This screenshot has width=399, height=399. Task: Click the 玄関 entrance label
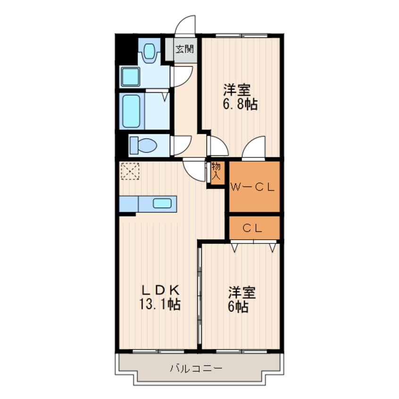[x=185, y=49]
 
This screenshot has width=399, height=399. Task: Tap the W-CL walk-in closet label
[x=252, y=188]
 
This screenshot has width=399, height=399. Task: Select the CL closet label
[x=252, y=228]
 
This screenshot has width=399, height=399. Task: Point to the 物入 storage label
[x=216, y=171]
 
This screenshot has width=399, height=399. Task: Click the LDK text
[x=160, y=291]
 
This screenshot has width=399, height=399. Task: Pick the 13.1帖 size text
[x=160, y=304]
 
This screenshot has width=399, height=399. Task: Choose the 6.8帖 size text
[x=240, y=104]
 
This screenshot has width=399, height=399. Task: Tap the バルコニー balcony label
[x=196, y=368]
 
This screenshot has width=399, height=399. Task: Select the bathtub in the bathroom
[x=131, y=111]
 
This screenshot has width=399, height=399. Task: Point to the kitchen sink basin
[x=162, y=203]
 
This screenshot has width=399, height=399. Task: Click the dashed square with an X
[x=130, y=171]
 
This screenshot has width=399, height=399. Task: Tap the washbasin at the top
[x=150, y=53]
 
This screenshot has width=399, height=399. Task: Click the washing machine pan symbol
[x=130, y=76]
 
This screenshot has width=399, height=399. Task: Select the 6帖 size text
[x=238, y=307]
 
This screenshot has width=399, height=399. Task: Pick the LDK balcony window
[x=158, y=351]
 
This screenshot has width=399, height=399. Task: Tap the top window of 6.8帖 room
[x=241, y=35]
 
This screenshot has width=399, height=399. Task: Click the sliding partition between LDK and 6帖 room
[x=199, y=296]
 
